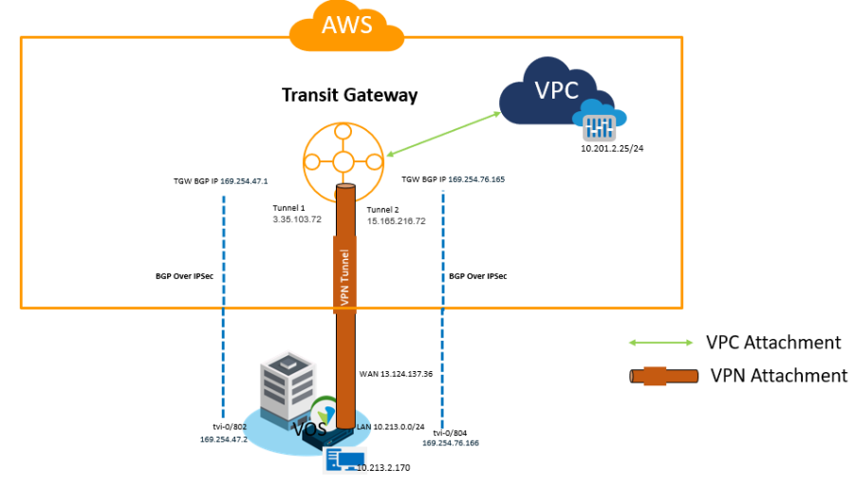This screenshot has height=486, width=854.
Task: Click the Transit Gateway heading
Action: [349, 96]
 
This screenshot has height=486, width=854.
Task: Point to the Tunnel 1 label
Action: [289, 207]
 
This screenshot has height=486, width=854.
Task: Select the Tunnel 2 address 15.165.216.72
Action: [397, 220]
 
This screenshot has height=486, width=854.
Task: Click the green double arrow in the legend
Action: [661, 343]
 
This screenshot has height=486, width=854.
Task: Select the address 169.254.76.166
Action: [452, 442]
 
